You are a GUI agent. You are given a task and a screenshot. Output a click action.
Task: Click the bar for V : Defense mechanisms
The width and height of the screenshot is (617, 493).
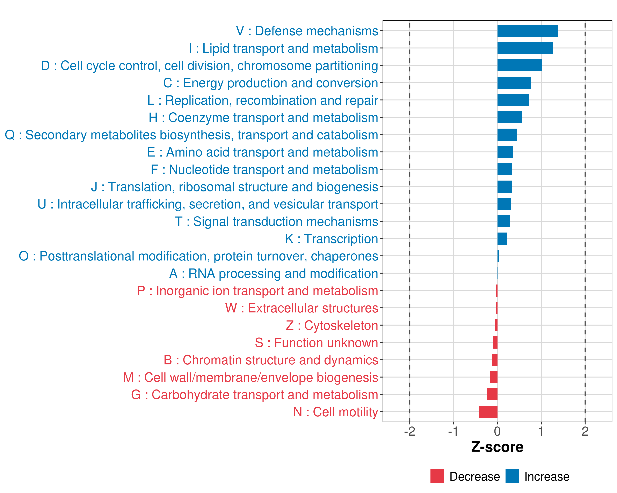coord(527,31)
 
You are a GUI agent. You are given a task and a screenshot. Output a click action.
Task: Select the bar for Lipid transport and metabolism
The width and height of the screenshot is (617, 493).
coord(525,48)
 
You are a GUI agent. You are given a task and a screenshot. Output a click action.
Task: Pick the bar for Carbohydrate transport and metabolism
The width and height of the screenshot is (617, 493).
coord(492,394)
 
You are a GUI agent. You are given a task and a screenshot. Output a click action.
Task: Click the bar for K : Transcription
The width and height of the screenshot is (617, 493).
coord(502,239)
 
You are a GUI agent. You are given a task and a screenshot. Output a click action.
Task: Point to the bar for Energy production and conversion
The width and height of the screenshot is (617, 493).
coord(514,83)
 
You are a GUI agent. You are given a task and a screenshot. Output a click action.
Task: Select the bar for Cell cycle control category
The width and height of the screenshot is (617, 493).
coord(520,66)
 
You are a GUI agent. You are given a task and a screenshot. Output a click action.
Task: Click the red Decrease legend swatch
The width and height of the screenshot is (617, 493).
coord(437,476)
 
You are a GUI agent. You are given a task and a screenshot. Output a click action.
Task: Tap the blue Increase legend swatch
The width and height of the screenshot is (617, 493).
coord(512,476)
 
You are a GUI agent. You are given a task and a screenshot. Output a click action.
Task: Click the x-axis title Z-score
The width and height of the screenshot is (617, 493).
coord(497,447)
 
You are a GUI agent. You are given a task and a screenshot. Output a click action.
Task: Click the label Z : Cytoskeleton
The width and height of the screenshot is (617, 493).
coord(332,326)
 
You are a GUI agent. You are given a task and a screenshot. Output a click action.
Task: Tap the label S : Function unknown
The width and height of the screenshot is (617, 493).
coord(317,343)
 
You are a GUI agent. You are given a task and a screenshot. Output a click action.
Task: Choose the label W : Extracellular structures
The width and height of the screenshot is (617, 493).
coord(302,308)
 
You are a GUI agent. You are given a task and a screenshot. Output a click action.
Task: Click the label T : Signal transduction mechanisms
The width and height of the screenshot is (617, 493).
coord(276,221)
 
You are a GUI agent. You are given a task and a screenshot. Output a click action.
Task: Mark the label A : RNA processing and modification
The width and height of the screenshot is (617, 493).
coord(274,273)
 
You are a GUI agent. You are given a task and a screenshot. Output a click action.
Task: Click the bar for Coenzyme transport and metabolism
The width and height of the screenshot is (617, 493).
coord(509,117)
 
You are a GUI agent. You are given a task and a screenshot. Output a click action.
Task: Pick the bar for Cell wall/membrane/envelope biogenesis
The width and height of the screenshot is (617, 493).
coord(494,377)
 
